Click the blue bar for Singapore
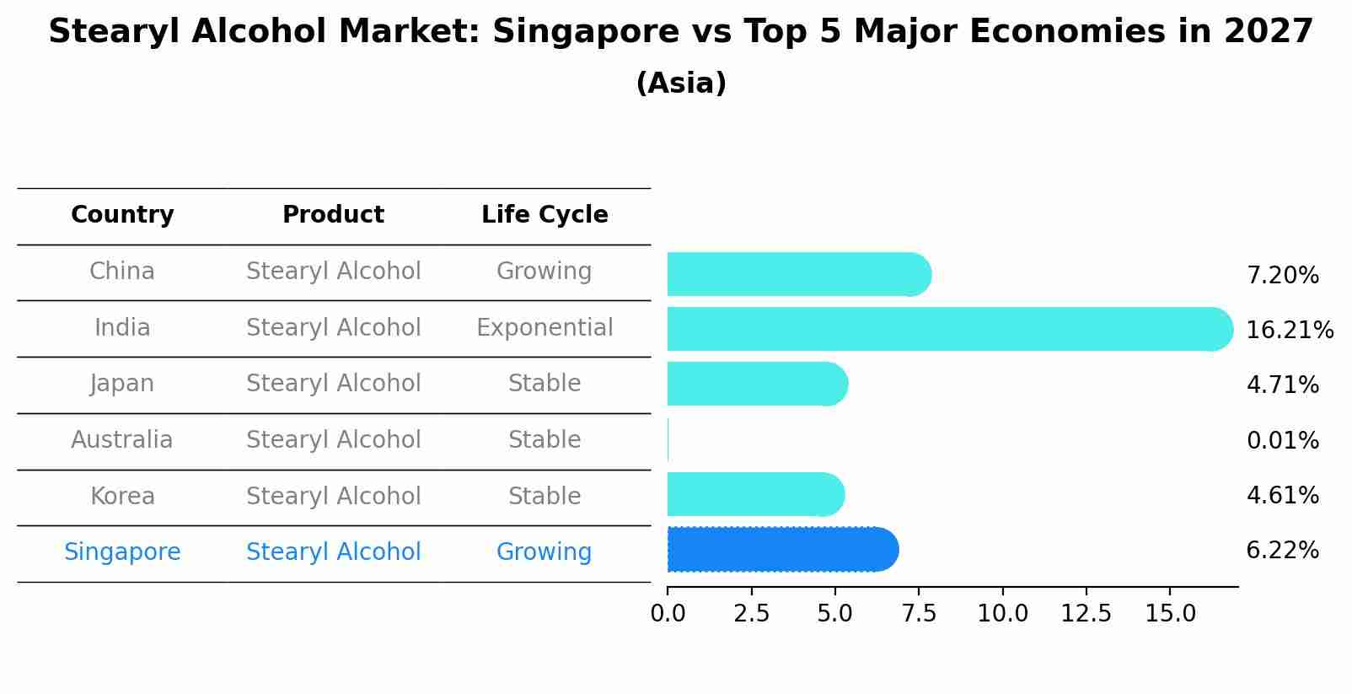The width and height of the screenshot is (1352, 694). pos(782,550)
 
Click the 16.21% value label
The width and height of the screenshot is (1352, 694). pos(1289,331)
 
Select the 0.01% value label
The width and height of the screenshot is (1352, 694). pos(1282,440)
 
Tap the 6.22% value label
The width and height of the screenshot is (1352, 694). pos(1282,551)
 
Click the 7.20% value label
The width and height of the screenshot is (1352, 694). pos(1282,276)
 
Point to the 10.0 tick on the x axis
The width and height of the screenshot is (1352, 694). pos(1002,614)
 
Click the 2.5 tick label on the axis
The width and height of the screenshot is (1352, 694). pos(751,614)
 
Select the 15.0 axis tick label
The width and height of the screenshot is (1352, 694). pos(1170,614)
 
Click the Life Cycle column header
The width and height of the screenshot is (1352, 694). pos(545,215)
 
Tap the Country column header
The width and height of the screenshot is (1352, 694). pos(122,215)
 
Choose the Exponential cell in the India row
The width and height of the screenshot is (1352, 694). pos(545,328)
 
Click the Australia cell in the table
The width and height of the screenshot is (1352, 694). pos(122,440)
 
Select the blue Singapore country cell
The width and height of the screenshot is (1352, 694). pos(122,552)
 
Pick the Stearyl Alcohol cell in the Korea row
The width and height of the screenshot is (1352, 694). pos(333,497)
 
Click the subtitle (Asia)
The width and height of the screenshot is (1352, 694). pos(681,83)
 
